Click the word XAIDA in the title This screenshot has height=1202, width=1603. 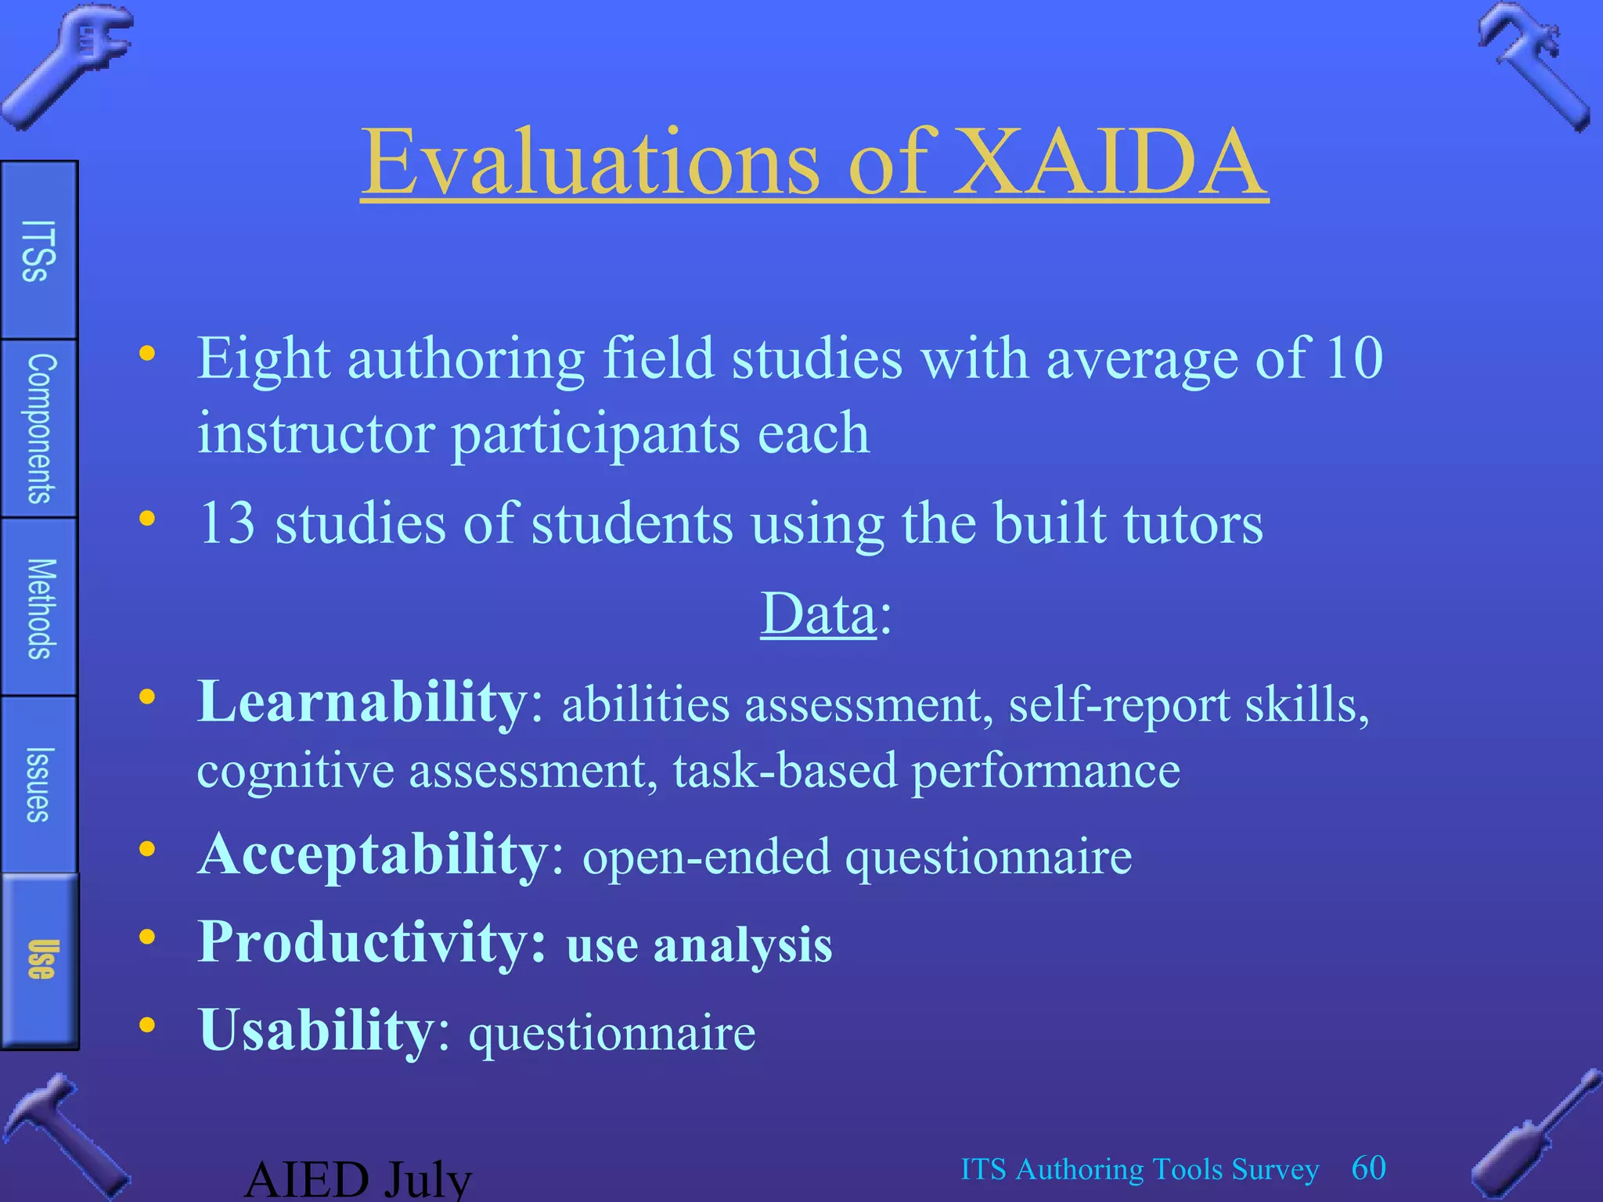(x=1109, y=162)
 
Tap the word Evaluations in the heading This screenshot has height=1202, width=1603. (x=591, y=162)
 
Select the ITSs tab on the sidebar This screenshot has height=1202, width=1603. (x=38, y=250)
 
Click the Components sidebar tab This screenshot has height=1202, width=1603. (x=38, y=429)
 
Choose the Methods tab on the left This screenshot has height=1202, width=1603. (x=38, y=608)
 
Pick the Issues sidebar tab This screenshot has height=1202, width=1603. (x=38, y=784)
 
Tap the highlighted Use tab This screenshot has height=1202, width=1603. (x=40, y=959)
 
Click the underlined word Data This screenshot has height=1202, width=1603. (x=818, y=614)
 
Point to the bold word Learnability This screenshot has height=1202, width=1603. (x=362, y=702)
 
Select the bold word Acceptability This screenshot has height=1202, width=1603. (x=373, y=855)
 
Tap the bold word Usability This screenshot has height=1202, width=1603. (x=316, y=1031)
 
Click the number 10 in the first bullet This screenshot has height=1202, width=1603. (x=1353, y=358)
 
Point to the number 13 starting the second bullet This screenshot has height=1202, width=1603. (x=227, y=524)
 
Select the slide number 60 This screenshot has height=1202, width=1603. (x=1368, y=1168)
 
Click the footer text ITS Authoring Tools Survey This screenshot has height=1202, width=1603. (x=1139, y=1170)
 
